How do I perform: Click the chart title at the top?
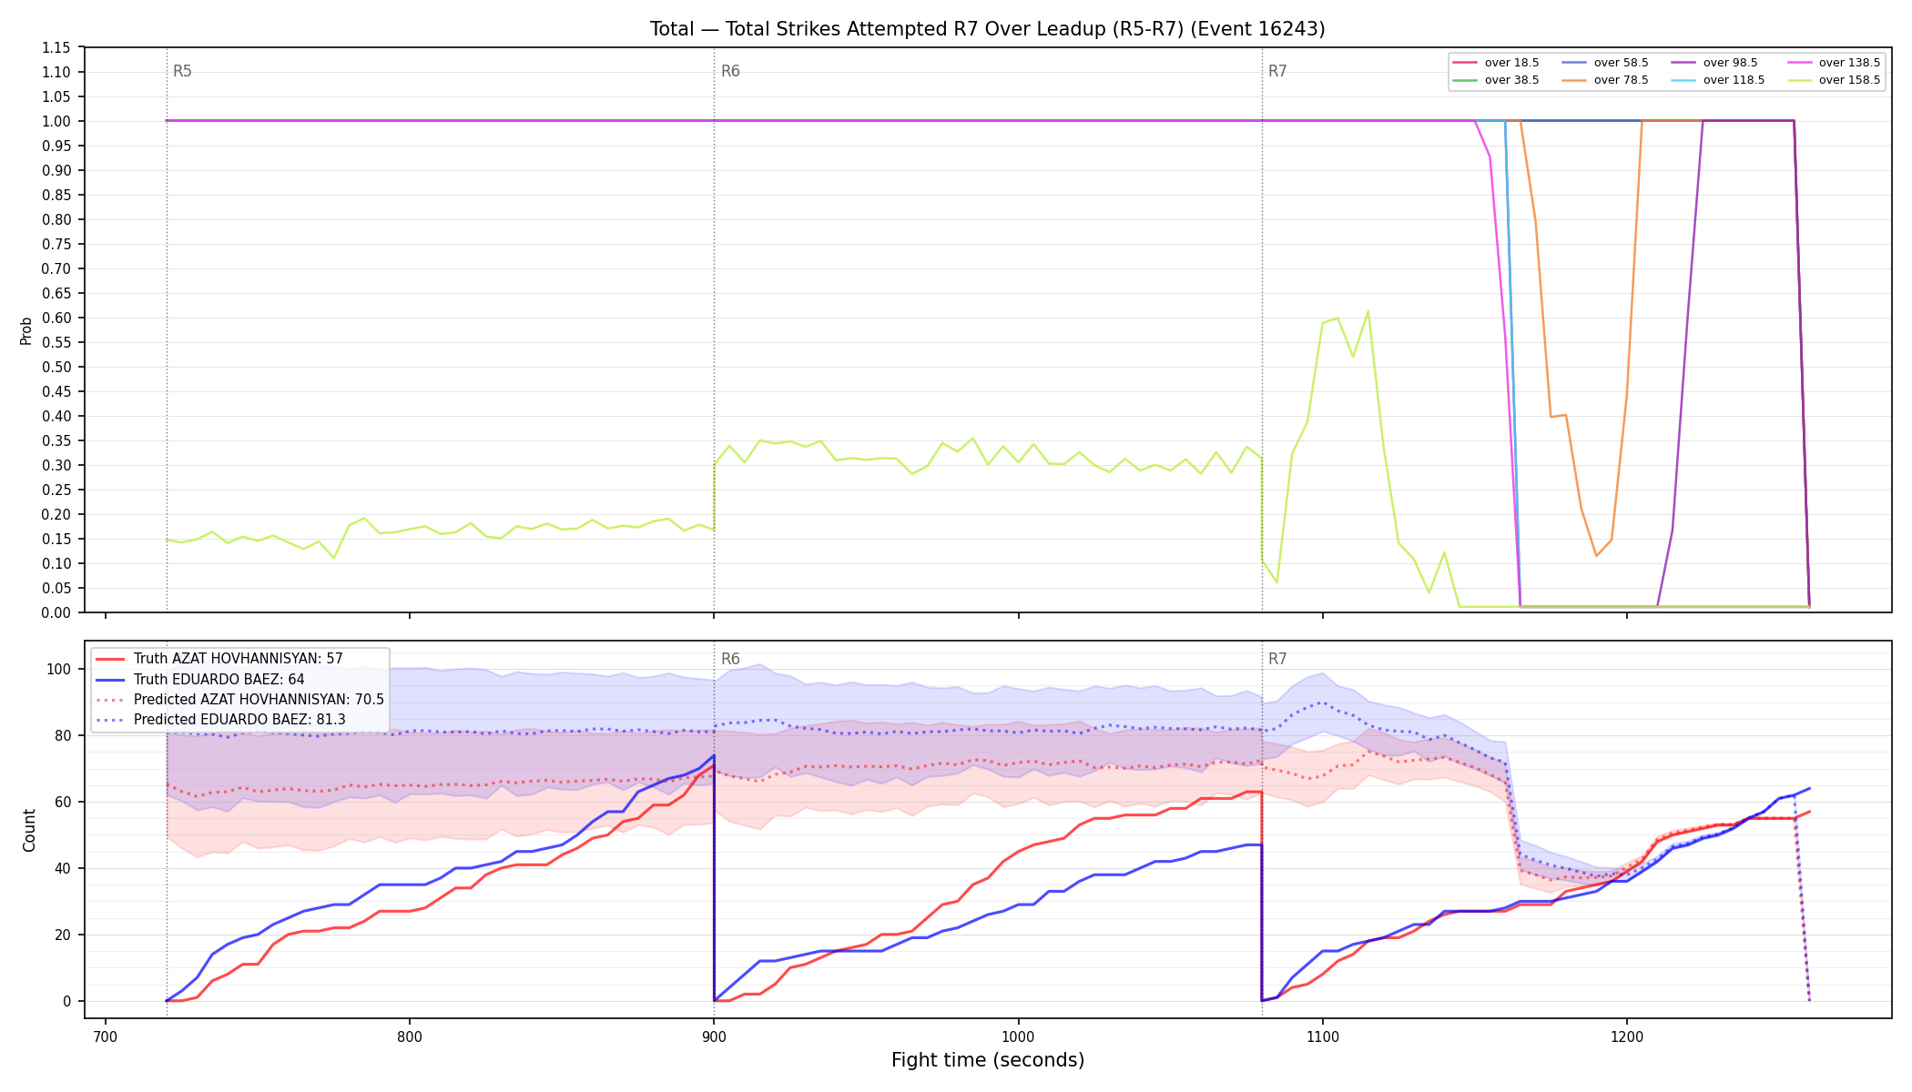(x=987, y=29)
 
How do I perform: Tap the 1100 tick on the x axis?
(x=1322, y=1036)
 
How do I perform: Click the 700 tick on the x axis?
(x=105, y=1036)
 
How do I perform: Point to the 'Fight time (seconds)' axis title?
(x=988, y=1060)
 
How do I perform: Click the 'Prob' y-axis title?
(x=26, y=330)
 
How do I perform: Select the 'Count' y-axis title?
(x=29, y=830)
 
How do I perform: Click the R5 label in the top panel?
(x=182, y=71)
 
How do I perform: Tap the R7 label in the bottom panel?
(x=1277, y=659)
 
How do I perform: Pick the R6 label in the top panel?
(x=730, y=71)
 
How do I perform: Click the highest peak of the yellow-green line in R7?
(x=1368, y=311)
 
